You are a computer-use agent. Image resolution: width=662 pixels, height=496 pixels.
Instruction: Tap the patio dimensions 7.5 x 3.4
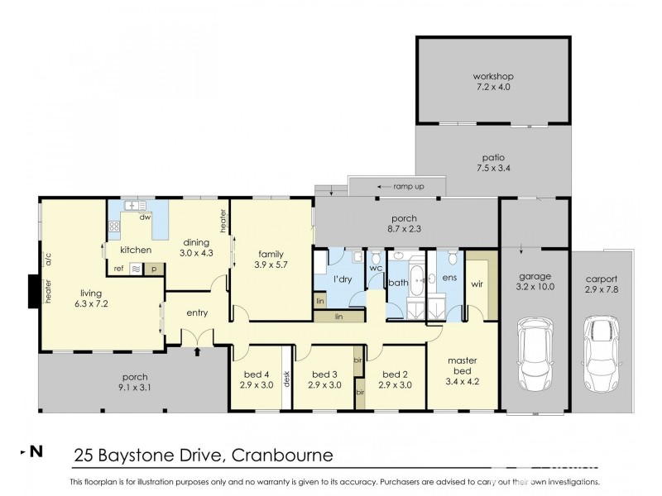pos(493,168)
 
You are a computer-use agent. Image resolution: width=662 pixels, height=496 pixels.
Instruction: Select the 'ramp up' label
pos(409,187)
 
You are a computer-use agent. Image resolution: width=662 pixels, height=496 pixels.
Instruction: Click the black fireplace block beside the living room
pos(33,291)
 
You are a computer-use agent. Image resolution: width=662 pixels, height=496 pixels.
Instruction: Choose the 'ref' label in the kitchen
pos(118,268)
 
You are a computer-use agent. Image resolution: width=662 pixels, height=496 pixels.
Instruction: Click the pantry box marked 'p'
pos(153,269)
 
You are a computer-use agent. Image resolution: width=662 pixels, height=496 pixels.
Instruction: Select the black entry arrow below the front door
pos(197,352)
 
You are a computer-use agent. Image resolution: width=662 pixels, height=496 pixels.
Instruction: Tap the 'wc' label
pos(375,269)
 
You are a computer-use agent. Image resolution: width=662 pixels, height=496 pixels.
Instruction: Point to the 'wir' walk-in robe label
pos(477,284)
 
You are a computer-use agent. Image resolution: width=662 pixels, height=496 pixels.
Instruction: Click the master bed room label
pos(462,365)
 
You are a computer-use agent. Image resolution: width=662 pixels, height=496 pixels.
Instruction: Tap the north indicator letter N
pos(36,451)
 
